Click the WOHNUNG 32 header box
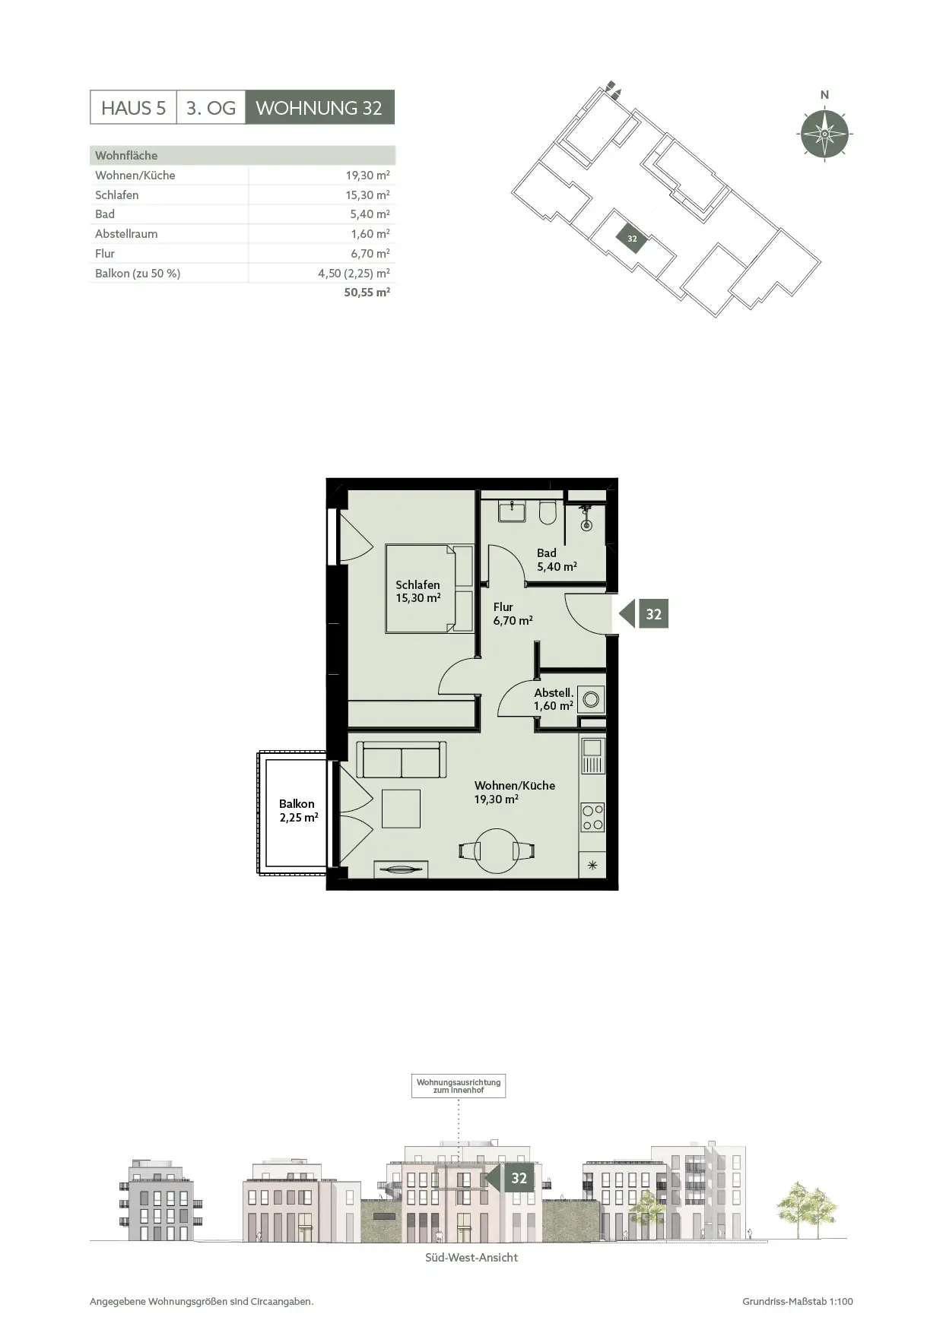coord(319,108)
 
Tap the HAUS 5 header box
coord(133,108)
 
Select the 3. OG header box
coord(211,108)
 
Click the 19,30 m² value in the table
coord(367,175)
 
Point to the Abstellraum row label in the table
coord(126,234)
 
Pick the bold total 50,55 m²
coord(367,292)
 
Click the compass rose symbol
coord(825,135)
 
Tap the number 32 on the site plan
coord(632,239)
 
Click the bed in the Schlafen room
coord(429,588)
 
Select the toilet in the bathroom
coord(548,512)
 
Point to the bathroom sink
coord(513,511)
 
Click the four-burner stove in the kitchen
coord(592,818)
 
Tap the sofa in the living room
coord(401,760)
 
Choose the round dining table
coord(497,850)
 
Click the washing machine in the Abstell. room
coord(591,698)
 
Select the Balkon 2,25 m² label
coord(297,811)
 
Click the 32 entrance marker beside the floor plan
coord(644,614)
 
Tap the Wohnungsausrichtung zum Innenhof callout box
coord(459,1086)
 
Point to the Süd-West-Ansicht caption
coord(471,1258)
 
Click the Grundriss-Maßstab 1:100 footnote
coord(798,1302)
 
